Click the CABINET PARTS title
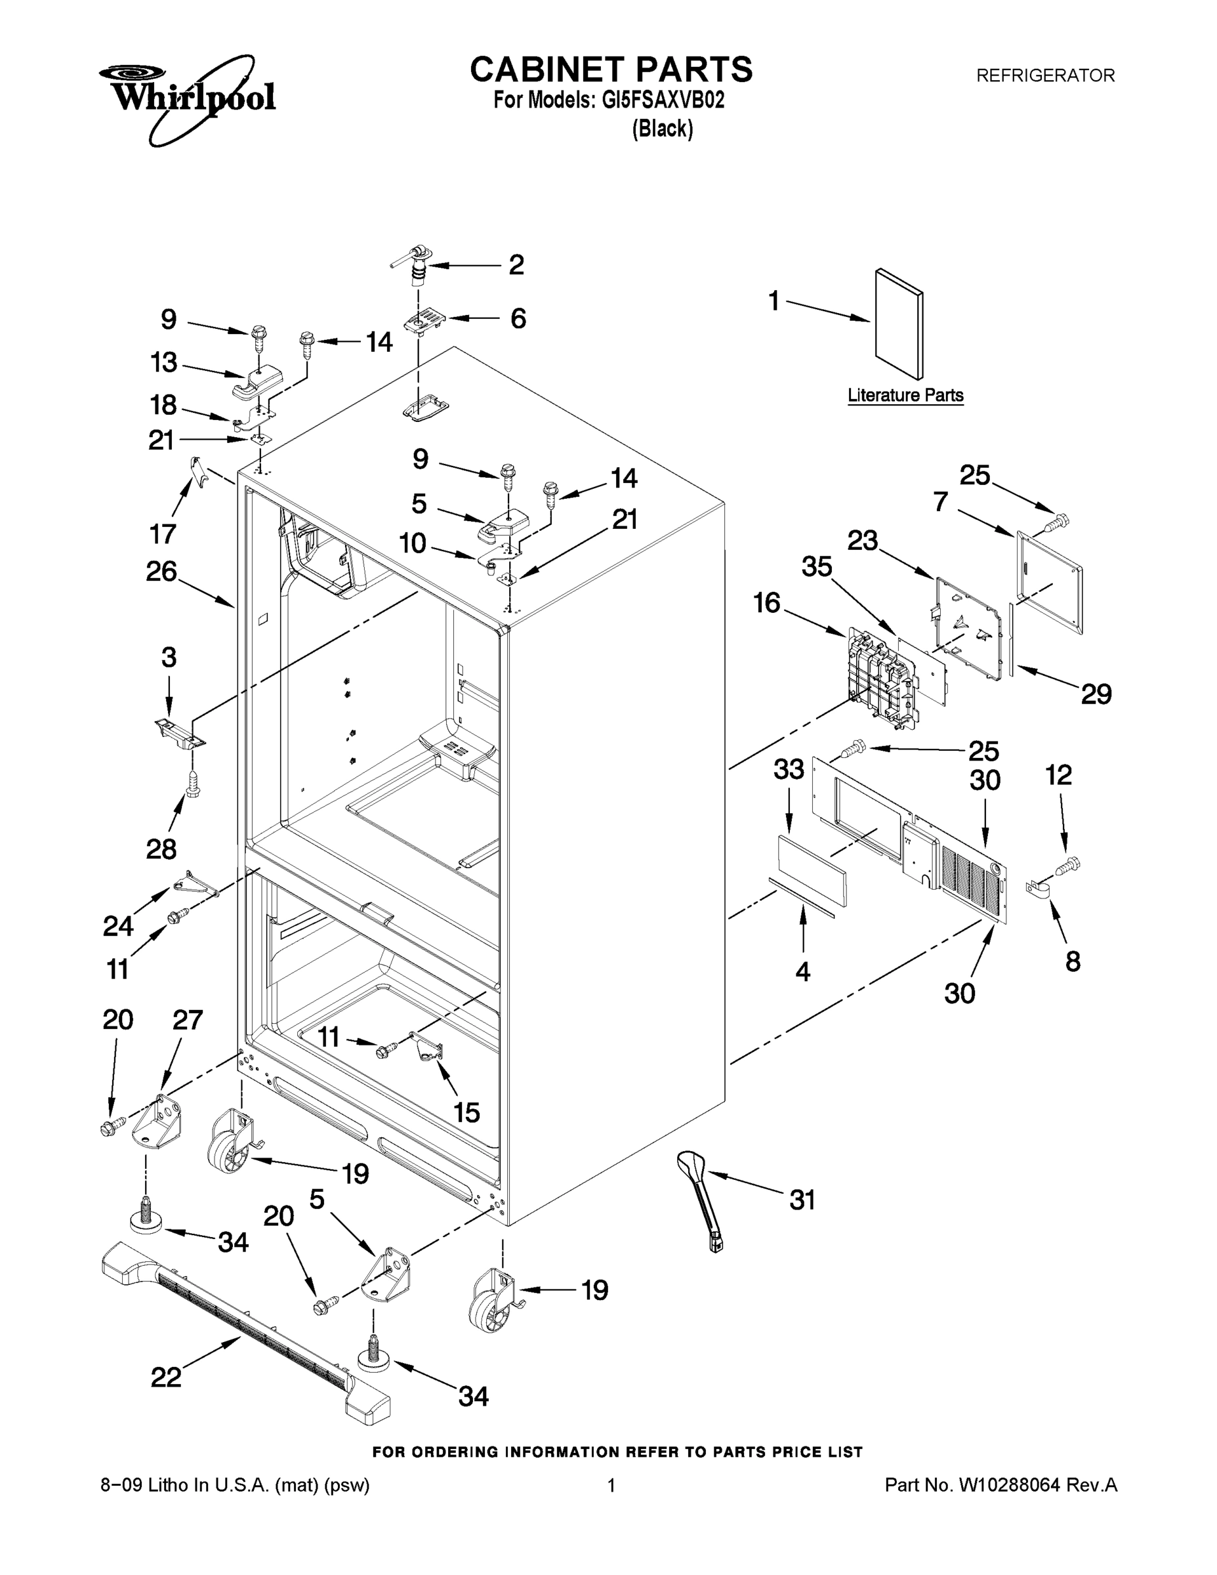(x=611, y=70)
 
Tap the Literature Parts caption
(x=905, y=395)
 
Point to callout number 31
(x=802, y=1201)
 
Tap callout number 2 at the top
(x=516, y=264)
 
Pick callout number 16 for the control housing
(x=766, y=602)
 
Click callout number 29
(x=1096, y=694)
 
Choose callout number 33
(x=789, y=770)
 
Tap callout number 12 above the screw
(x=1058, y=775)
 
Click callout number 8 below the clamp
(x=1073, y=961)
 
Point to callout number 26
(x=161, y=571)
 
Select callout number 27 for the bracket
(x=188, y=1020)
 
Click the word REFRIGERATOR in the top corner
(x=1044, y=75)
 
